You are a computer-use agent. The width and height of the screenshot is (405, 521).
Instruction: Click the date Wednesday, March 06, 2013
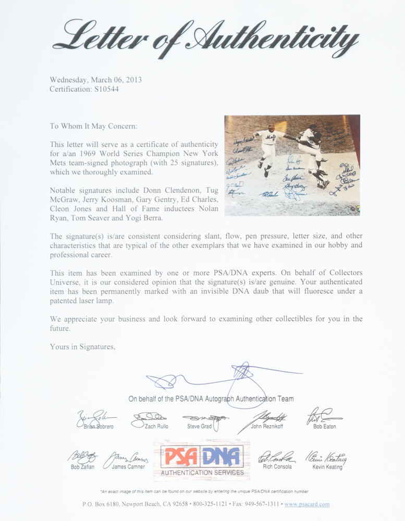(95, 80)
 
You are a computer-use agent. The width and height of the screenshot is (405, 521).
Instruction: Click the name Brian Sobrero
(99, 427)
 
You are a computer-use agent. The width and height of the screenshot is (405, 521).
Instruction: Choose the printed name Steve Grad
(199, 427)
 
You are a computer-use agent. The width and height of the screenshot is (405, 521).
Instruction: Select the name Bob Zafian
(82, 467)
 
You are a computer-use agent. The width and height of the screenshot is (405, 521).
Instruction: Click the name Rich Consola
(278, 467)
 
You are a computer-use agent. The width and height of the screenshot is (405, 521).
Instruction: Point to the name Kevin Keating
(327, 467)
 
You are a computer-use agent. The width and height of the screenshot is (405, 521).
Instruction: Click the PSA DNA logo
(202, 456)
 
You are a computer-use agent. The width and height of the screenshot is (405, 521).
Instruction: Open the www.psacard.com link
(306, 504)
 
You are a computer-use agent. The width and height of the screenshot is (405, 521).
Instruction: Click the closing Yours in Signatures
(82, 346)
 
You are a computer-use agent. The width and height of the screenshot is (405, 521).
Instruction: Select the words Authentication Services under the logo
(202, 473)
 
